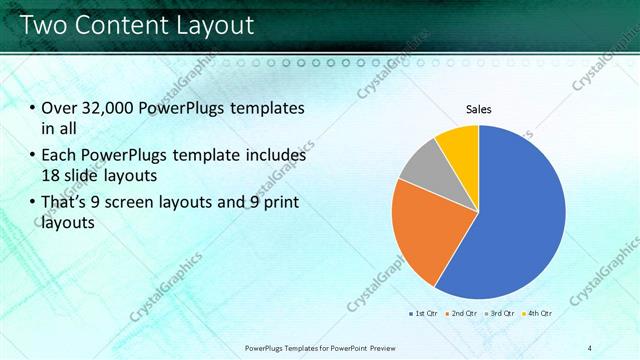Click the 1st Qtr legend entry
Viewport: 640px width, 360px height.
[x=423, y=313]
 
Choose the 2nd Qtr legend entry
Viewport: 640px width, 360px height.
[x=461, y=313]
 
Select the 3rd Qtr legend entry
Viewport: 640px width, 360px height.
[x=499, y=313]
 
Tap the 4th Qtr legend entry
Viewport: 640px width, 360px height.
[x=537, y=313]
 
